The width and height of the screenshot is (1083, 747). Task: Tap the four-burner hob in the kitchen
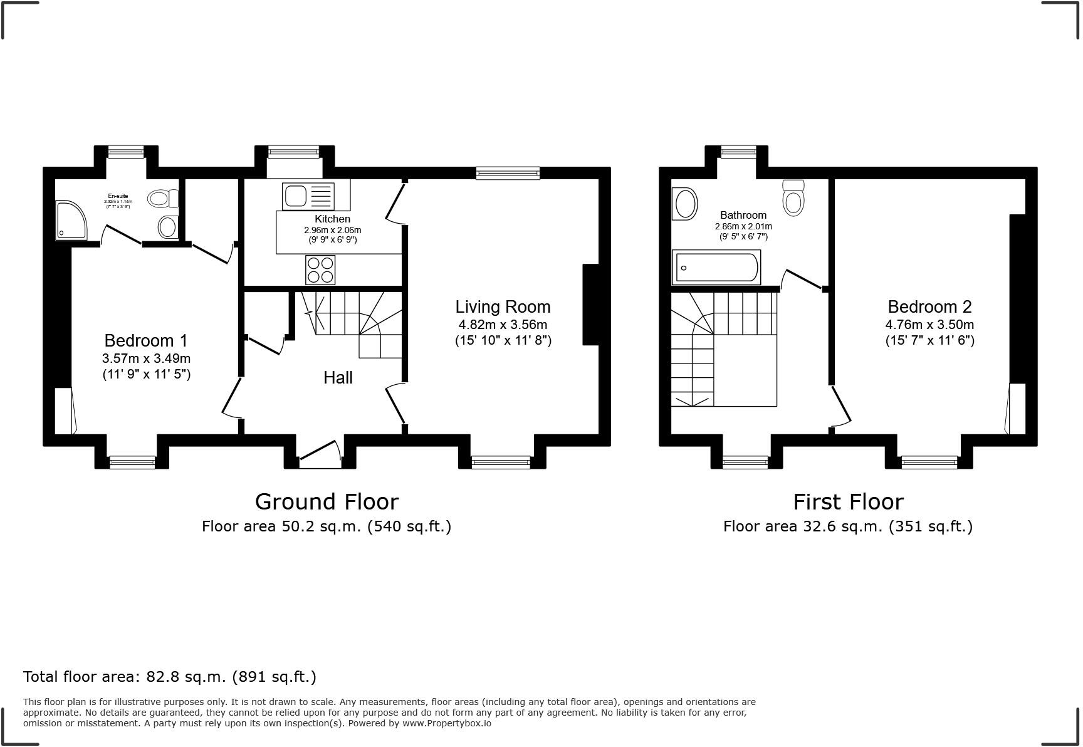click(x=320, y=270)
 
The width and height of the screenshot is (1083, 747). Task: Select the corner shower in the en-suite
click(x=71, y=220)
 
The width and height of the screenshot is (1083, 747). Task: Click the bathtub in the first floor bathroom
click(x=716, y=268)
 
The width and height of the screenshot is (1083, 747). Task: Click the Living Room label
click(x=503, y=307)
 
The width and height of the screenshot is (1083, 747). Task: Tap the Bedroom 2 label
click(x=929, y=307)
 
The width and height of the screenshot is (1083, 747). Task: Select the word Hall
click(x=338, y=378)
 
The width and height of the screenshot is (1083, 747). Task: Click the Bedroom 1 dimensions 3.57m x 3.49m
click(x=146, y=358)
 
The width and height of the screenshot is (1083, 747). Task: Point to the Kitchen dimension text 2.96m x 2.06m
click(x=332, y=230)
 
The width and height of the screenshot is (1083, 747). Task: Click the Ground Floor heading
click(x=327, y=502)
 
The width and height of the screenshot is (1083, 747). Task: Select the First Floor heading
click(x=848, y=502)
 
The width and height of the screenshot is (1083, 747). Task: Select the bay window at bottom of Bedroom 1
click(x=132, y=462)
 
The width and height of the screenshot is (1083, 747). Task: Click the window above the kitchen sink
click(x=293, y=151)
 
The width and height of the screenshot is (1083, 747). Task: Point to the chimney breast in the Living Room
click(x=591, y=305)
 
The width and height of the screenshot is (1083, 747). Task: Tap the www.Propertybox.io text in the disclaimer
click(x=446, y=723)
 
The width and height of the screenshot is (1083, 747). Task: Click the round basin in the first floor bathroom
click(x=684, y=204)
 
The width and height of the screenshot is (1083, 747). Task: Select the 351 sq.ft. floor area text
click(x=931, y=526)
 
